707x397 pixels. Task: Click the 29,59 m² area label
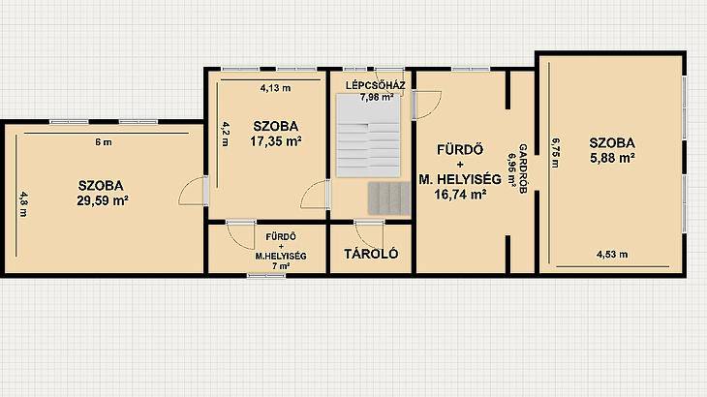coord(103,200)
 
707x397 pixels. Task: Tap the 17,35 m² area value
coord(276,141)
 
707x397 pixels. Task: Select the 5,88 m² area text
coord(612,158)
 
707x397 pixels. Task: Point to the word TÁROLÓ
coord(371,254)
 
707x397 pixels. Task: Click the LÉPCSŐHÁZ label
coord(376,85)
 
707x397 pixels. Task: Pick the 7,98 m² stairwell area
coord(377,97)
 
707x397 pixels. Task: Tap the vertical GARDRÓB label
coord(523,168)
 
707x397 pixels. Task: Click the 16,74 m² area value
coord(460,195)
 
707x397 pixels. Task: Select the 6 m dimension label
coord(104,142)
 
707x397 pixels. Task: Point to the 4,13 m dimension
coord(275,88)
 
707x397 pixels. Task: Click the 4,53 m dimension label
coord(612,255)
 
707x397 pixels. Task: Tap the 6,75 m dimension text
coord(555,152)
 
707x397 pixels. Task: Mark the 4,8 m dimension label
coord(22,204)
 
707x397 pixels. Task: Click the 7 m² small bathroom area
coord(281,266)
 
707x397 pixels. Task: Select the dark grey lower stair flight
coord(388,198)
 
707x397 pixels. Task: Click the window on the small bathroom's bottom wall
coord(266,275)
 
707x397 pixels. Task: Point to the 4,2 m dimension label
coord(226,134)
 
